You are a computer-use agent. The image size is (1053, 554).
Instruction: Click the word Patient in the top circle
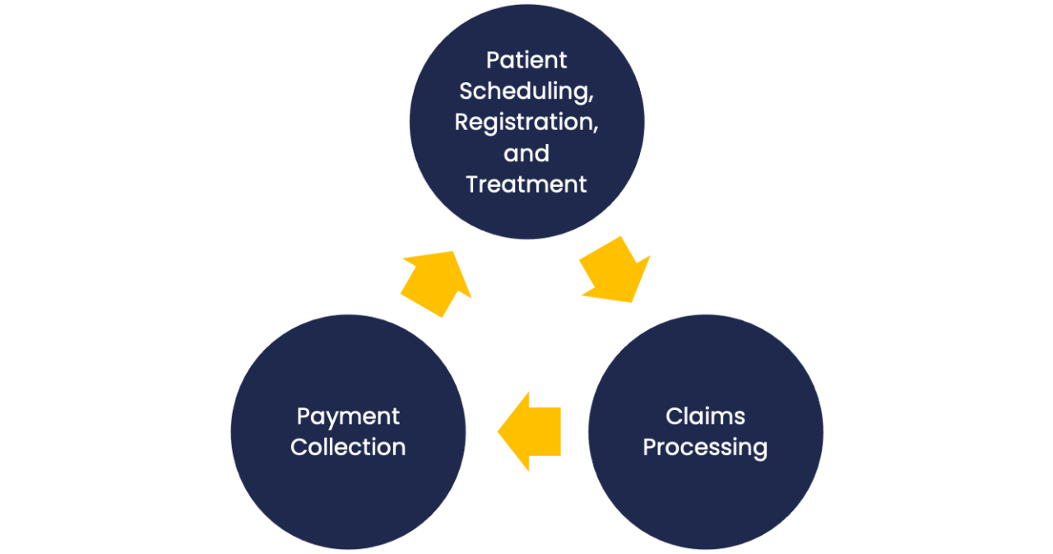526,60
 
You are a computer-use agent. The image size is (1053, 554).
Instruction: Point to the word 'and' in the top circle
526,153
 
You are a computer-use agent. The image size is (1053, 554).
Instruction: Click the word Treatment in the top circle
526,184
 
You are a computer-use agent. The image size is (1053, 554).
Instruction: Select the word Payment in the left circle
348,417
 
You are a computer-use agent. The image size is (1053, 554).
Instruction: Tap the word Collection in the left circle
348,447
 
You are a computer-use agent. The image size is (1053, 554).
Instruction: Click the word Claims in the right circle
705,417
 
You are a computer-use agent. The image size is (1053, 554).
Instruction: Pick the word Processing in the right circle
705,448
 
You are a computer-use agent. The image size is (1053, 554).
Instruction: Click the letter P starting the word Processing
650,447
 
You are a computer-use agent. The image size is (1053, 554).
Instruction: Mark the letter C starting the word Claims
674,417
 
